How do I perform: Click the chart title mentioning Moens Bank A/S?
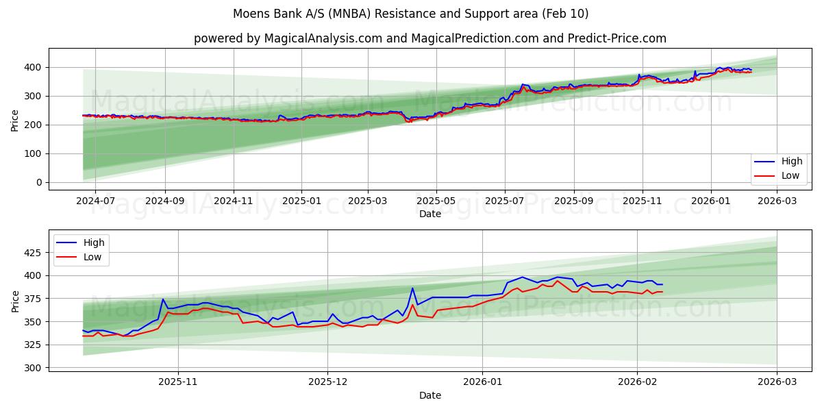pyautogui.click(x=410, y=14)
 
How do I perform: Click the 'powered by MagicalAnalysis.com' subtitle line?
pyautogui.click(x=429, y=38)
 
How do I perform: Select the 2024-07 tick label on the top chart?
pyautogui.click(x=96, y=201)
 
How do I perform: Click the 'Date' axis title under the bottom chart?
pyautogui.click(x=430, y=395)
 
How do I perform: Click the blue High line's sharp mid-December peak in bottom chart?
pyautogui.click(x=412, y=288)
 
